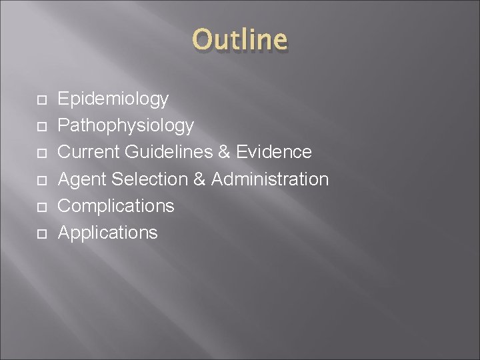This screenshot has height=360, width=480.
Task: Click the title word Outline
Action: [240, 40]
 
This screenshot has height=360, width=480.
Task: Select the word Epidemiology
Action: [113, 99]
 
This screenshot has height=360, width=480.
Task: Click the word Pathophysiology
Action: [126, 125]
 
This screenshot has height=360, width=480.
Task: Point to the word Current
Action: [86, 152]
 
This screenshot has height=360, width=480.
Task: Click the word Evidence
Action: [273, 152]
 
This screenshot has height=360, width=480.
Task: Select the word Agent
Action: [83, 179]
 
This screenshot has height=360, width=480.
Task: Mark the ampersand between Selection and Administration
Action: [200, 179]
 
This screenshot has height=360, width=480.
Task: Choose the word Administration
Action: [270, 179]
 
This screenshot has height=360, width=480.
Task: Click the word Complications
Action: [116, 206]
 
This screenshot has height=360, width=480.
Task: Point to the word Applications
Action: [108, 233]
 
